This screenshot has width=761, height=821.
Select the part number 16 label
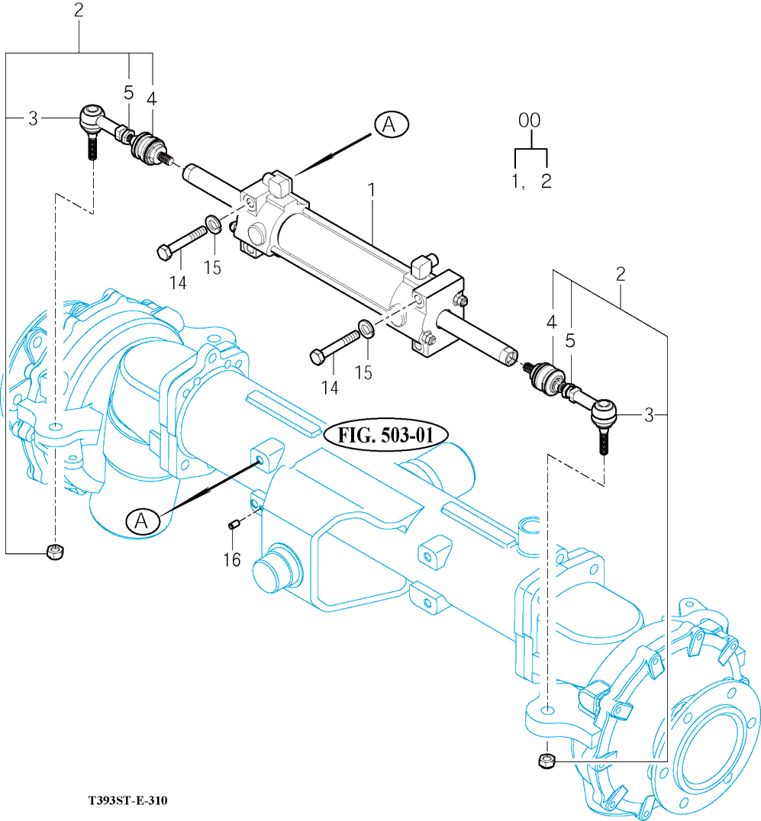tap(232, 560)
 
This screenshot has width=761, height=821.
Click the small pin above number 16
tap(235, 524)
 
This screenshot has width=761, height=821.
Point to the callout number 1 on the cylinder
tap(372, 188)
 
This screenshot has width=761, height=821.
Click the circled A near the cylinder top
tap(392, 124)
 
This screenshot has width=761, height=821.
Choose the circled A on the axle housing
tap(141, 521)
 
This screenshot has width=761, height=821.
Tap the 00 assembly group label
tap(529, 121)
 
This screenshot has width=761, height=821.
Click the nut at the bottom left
tap(53, 552)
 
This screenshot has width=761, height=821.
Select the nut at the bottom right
tap(545, 760)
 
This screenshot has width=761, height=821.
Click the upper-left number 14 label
tap(177, 283)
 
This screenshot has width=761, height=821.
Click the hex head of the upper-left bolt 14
tap(163, 251)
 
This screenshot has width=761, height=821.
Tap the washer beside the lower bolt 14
tap(366, 329)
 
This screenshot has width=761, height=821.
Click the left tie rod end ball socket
tap(92, 118)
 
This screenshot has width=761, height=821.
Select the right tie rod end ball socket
tap(605, 414)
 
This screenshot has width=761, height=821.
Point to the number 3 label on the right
tap(649, 415)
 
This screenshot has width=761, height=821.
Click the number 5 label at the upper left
tap(128, 93)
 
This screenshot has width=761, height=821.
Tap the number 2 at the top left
tap(79, 11)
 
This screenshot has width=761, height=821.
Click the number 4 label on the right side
tap(551, 322)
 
